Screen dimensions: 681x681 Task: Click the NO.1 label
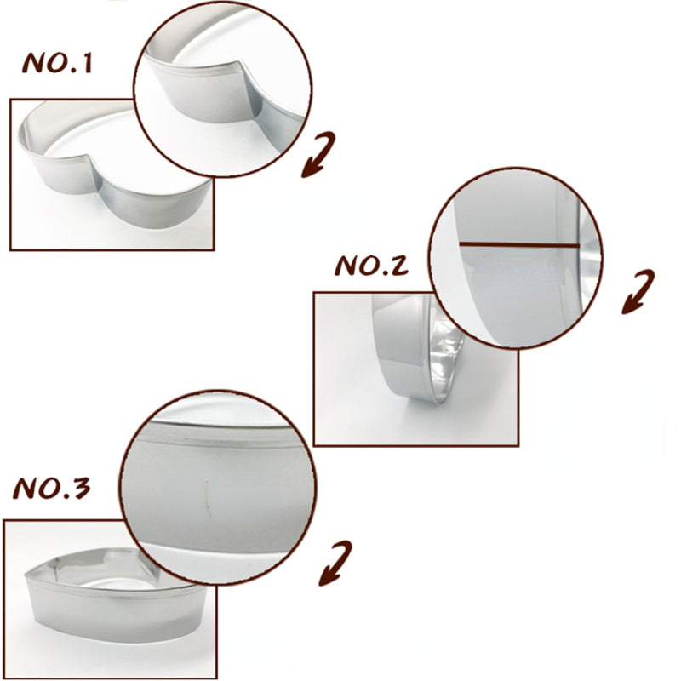pos(57,63)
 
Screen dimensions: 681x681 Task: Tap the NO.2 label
pos(372,266)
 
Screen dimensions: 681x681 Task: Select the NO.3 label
pos(52,488)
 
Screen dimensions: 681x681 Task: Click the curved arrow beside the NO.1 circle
pos(319,154)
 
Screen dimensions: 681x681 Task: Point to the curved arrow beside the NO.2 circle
pos(638,291)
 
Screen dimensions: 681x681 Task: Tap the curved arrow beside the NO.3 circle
pos(335,564)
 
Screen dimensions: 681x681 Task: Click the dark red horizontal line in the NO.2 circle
pos(519,245)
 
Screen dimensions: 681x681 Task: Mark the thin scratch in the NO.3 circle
pos(208,498)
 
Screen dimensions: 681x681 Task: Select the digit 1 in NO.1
pos(87,63)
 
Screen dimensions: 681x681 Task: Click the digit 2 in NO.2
pos(398,266)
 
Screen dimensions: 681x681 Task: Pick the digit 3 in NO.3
pos(80,488)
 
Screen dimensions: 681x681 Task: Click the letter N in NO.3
pos(25,489)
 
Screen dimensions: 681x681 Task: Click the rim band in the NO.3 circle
pos(217,438)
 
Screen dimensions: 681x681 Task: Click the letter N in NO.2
pos(345,266)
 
